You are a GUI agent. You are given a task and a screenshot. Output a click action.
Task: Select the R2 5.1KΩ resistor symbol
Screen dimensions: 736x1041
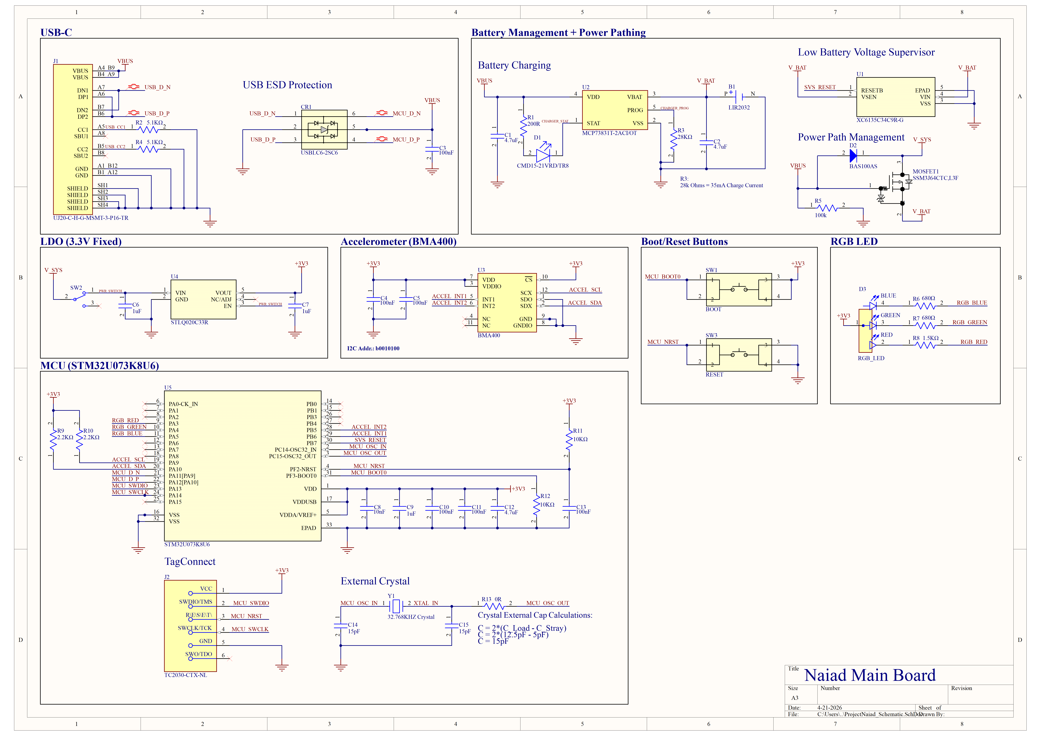point(148,130)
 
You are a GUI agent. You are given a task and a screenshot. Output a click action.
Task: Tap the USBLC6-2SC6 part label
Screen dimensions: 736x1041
point(319,153)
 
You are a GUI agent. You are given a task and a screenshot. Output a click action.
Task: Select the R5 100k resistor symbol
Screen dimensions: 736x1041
point(828,208)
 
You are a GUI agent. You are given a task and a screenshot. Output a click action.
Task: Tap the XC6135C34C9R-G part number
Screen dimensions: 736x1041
point(880,120)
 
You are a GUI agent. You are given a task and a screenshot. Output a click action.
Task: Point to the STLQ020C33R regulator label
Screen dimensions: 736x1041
point(189,323)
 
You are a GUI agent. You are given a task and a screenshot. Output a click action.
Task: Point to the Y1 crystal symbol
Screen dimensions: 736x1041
point(396,606)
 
